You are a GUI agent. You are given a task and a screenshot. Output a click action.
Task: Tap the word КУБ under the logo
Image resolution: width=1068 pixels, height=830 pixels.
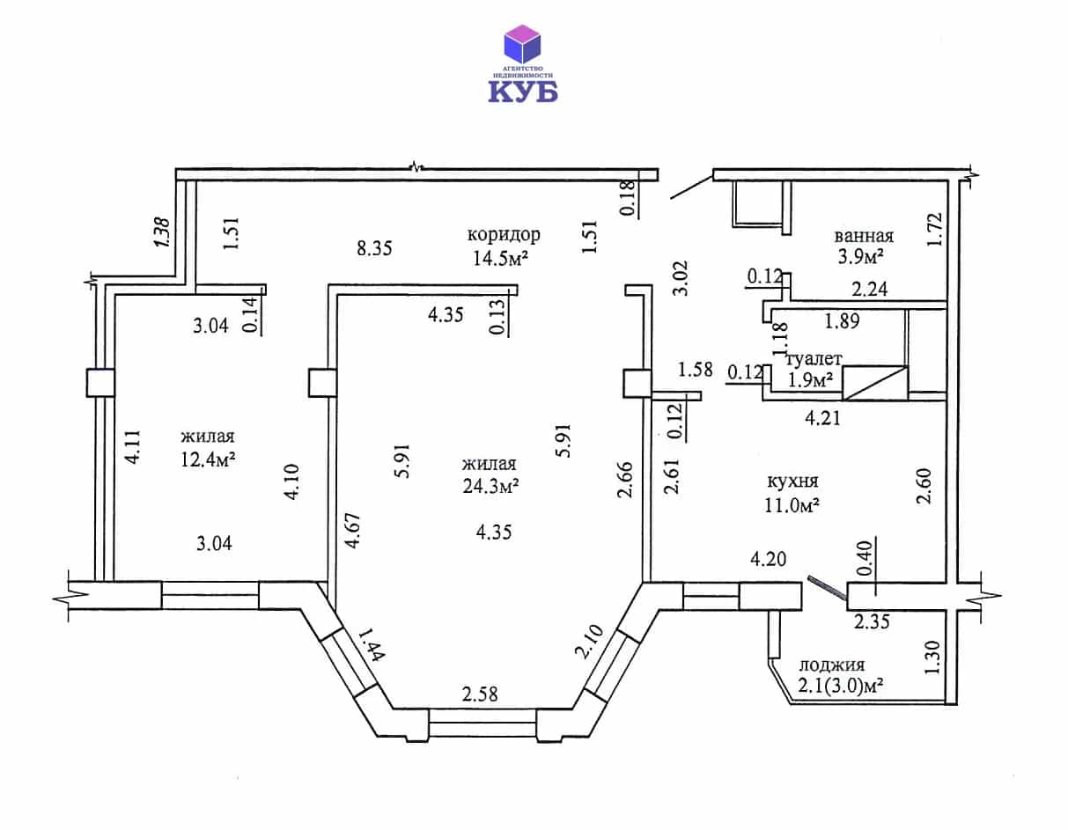pos(522,92)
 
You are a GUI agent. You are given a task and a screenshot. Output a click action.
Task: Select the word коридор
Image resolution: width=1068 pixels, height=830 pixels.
pos(504,236)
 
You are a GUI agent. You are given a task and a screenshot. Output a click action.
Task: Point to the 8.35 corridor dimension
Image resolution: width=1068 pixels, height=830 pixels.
pos(374,248)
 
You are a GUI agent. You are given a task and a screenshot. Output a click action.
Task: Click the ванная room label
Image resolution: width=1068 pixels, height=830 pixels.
pos(864,236)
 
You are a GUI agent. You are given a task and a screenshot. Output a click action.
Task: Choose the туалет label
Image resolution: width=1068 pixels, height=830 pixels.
pos(814,359)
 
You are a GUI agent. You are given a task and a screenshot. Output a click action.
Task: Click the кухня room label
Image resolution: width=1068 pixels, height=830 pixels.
pos(792,481)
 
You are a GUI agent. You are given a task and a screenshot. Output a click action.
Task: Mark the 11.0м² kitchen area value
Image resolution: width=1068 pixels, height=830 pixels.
pos(792,504)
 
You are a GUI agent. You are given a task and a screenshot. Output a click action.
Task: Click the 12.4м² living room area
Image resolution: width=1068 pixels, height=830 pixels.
pos(208,459)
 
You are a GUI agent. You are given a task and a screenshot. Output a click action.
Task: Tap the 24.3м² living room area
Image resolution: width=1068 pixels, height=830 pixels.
pos(490,486)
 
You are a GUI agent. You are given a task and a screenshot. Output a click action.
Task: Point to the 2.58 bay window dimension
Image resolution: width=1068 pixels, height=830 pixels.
pos(480,694)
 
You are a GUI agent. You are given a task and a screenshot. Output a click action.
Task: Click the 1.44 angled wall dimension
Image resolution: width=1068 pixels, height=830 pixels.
pos(371,644)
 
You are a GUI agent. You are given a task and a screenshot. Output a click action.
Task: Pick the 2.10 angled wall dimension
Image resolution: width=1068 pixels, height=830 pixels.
pos(589,642)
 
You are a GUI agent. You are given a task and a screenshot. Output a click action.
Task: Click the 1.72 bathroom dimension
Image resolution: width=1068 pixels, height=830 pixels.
pos(935,230)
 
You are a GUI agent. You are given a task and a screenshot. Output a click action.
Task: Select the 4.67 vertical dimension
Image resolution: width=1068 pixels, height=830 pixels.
pos(353,531)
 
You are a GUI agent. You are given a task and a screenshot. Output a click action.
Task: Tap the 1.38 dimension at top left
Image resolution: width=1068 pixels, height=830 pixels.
pos(162,232)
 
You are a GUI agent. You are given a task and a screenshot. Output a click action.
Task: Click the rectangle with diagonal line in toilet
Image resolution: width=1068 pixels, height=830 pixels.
pos(875,383)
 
